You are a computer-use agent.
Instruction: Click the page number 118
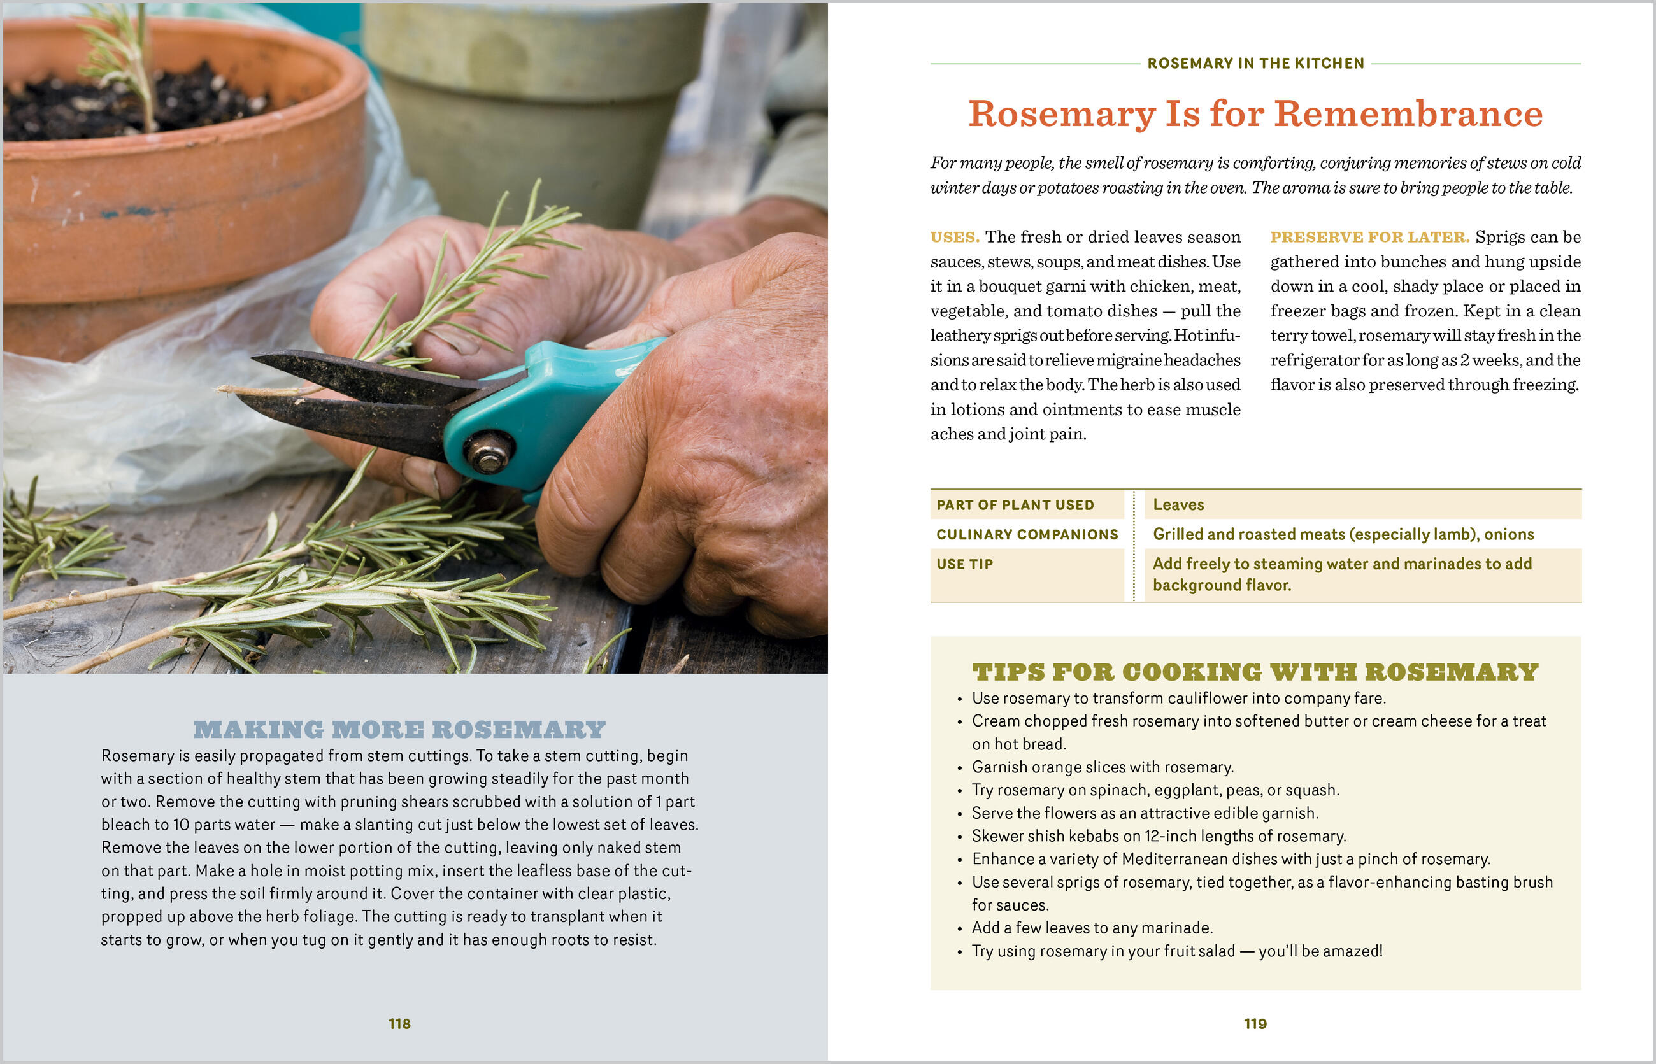coord(399,1023)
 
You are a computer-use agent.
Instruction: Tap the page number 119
coord(1255,1023)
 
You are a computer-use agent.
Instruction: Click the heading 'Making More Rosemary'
coord(399,730)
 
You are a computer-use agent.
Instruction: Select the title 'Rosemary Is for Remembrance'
coord(1255,114)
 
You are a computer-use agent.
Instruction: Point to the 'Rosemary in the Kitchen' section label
coord(1255,64)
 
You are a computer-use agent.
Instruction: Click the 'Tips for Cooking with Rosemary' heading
coord(1255,672)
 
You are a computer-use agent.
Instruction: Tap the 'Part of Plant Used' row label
coord(1015,505)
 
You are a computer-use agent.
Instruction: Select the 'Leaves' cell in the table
coord(1178,505)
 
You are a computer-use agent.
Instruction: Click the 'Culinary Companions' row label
coord(1027,534)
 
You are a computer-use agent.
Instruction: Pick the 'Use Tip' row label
coord(964,564)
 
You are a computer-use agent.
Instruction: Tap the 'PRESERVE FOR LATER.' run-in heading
coord(1369,237)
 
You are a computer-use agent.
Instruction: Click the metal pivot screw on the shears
coord(489,452)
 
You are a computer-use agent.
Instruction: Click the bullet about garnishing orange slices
coord(1103,767)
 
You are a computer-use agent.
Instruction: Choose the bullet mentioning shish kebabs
coord(1159,836)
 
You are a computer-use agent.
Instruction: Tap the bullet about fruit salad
coord(1176,951)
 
